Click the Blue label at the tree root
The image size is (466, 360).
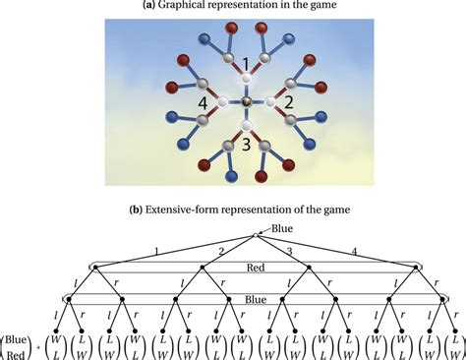(285, 229)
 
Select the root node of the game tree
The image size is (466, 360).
(258, 236)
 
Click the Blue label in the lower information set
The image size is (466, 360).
(257, 298)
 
